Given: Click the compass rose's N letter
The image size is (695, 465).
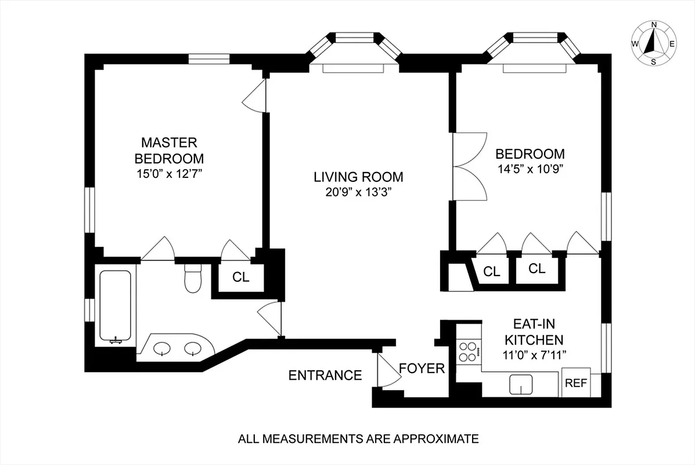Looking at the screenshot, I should click(x=654, y=24).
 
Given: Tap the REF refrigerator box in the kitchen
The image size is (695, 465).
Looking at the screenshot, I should click(x=575, y=383).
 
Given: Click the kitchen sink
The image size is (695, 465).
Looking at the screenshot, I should click(x=521, y=384).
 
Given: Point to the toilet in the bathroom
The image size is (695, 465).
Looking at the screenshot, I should click(x=191, y=277).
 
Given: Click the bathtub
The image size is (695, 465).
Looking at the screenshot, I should click(x=115, y=306).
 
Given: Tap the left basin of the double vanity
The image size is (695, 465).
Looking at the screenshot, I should click(x=162, y=349).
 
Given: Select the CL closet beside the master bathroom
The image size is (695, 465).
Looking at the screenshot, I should click(x=240, y=277).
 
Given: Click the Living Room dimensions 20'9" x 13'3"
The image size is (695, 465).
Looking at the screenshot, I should click(x=358, y=193).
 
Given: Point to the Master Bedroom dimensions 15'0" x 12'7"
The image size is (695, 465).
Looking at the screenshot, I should click(x=169, y=173).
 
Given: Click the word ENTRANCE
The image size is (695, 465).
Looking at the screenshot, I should click(x=325, y=375).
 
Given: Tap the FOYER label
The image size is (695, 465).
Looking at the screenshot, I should click(x=422, y=369).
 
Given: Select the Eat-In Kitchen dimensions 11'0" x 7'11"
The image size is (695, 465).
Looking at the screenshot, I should click(x=533, y=354).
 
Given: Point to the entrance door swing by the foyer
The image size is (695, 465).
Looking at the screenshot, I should click(x=386, y=372).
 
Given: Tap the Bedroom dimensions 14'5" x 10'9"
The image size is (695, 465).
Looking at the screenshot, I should click(x=530, y=169).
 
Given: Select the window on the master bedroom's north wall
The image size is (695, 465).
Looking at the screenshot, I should click(x=210, y=58).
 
